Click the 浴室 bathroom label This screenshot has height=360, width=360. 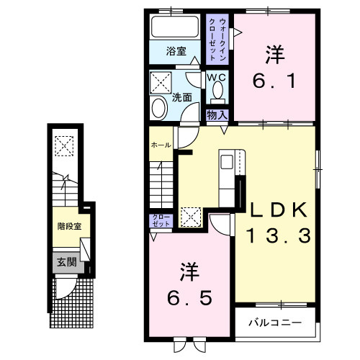176,51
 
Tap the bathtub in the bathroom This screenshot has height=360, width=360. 175,27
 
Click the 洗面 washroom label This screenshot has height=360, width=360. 182,98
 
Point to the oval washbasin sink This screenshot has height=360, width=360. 159,108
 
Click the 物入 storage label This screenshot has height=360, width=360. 217,115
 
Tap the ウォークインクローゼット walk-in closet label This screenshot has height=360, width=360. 217,40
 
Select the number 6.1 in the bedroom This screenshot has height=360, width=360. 274,81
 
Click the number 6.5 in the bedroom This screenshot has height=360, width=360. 189,297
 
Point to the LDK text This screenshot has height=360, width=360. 279,210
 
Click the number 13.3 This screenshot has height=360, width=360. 279,235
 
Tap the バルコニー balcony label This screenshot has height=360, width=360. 275,323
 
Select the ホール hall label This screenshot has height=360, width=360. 161,145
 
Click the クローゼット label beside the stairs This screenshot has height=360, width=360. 161,220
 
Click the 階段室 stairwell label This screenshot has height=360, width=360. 69,226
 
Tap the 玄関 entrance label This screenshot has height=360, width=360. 67,262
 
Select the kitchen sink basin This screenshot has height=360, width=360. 227,162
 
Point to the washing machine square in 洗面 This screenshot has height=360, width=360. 161,83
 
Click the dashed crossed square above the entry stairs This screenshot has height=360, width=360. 64,146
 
